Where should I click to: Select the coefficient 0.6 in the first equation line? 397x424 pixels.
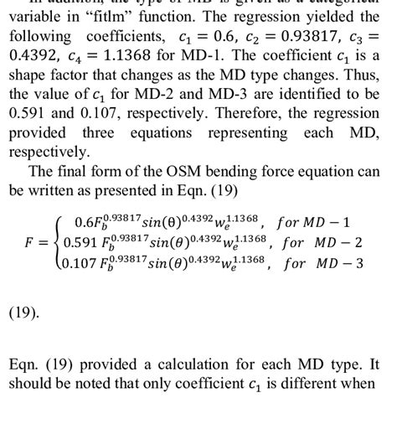(x=85, y=223)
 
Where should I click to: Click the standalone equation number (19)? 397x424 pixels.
(x=24, y=313)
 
